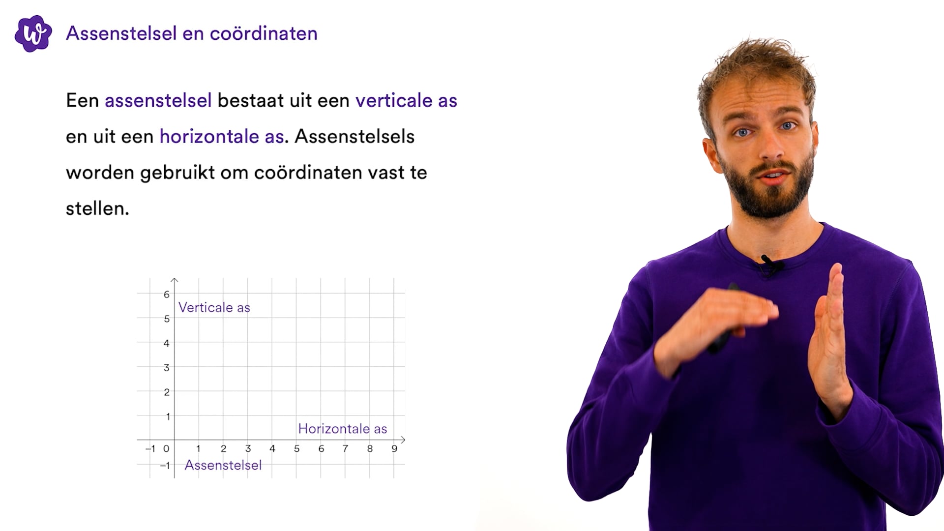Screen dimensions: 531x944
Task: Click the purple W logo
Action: click(33, 33)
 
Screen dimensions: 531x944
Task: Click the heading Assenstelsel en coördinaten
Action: click(192, 33)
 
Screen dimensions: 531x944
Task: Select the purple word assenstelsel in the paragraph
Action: click(158, 100)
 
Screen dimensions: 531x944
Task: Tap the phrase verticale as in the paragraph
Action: click(406, 100)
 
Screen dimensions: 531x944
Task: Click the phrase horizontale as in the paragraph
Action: click(222, 136)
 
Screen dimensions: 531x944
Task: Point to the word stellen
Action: click(97, 208)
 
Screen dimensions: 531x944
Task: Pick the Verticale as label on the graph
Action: click(214, 308)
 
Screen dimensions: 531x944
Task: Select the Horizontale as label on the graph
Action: click(342, 429)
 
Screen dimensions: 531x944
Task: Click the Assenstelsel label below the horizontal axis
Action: click(223, 465)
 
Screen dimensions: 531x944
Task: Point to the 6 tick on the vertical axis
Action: click(167, 295)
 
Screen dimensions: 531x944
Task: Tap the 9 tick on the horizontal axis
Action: click(394, 448)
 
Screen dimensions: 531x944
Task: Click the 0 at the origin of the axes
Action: click(166, 448)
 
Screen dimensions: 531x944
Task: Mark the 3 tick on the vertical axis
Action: click(167, 368)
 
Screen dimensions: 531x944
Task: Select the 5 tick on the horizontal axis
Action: click(296, 448)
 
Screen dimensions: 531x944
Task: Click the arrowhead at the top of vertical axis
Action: click(175, 280)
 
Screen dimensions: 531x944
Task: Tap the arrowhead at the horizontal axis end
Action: click(403, 440)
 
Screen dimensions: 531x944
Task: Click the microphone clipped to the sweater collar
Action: click(768, 265)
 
